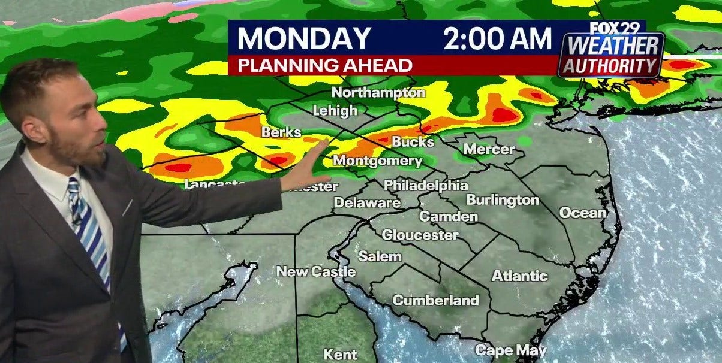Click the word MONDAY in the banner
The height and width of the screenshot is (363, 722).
pyautogui.click(x=304, y=39)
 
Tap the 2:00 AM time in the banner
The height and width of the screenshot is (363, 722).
pyautogui.click(x=497, y=39)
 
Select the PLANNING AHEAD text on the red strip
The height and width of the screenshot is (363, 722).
pyautogui.click(x=325, y=65)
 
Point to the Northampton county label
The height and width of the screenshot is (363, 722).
pyautogui.click(x=378, y=93)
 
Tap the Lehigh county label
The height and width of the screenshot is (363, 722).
pyautogui.click(x=335, y=111)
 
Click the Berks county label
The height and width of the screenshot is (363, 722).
pyautogui.click(x=281, y=132)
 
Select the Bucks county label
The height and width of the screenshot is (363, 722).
pyautogui.click(x=413, y=142)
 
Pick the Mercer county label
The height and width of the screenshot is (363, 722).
pyautogui.click(x=489, y=149)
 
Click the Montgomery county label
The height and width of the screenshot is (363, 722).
pyautogui.click(x=377, y=161)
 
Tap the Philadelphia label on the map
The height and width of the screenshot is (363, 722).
pyautogui.click(x=425, y=185)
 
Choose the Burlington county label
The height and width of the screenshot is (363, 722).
pyautogui.click(x=503, y=200)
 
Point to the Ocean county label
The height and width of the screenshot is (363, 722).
pyautogui.click(x=582, y=213)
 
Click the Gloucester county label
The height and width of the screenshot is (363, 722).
pyautogui.click(x=420, y=235)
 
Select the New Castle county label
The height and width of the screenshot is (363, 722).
pyautogui.click(x=315, y=272)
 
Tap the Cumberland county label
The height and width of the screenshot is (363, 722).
pyautogui.click(x=435, y=300)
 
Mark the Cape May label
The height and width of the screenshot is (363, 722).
pyautogui.click(x=503, y=350)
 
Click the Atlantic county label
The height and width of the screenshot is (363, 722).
pyautogui.click(x=519, y=276)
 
